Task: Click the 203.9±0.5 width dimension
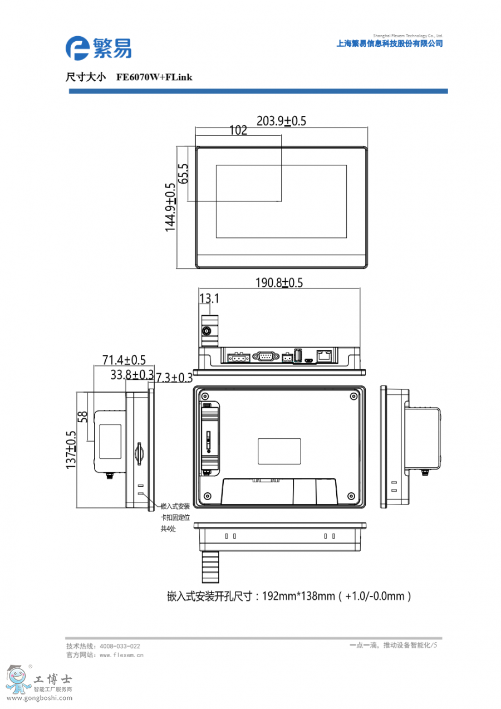coord(281,121)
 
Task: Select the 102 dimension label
coord(238,130)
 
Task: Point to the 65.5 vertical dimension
coord(183,173)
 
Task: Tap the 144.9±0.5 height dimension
coord(170,207)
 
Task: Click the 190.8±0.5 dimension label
coord(279,282)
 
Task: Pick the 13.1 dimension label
coord(209,298)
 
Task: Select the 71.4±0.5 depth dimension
coord(124,360)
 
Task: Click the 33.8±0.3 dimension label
coord(132,375)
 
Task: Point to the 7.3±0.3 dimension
coord(174,378)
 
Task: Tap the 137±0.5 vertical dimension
coord(71,449)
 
